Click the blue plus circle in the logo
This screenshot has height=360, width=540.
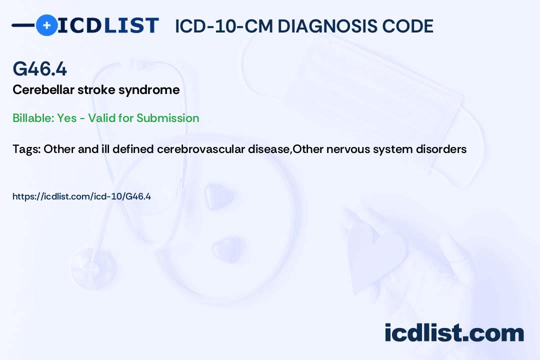pyautogui.click(x=46, y=25)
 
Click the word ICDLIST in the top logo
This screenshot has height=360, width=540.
pyautogui.click(x=108, y=25)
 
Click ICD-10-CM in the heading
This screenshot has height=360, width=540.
pyautogui.click(x=224, y=26)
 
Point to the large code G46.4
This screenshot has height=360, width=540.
pyautogui.click(x=39, y=68)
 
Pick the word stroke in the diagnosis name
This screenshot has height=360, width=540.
pyautogui.click(x=96, y=90)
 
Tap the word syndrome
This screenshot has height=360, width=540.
pyautogui.click(x=149, y=90)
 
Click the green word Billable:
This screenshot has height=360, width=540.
pyautogui.click(x=33, y=118)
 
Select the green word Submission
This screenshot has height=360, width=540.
pyautogui.click(x=167, y=118)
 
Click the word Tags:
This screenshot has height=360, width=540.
pyautogui.click(x=26, y=149)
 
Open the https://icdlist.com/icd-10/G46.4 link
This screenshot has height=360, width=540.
pyautogui.click(x=81, y=196)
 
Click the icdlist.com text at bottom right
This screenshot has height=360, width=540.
pyautogui.click(x=454, y=333)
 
